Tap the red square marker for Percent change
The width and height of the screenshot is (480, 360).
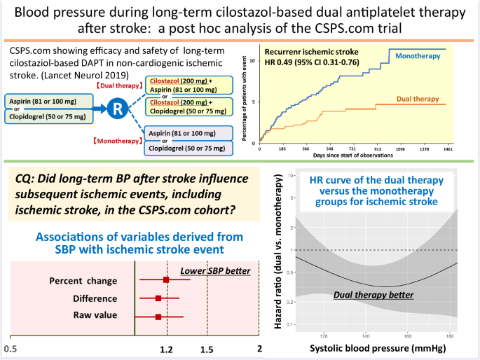[x=166, y=280]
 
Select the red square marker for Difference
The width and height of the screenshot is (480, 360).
[x=158, y=298]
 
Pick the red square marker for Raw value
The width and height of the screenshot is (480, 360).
[x=158, y=317]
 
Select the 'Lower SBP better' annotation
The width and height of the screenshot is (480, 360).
[x=215, y=271]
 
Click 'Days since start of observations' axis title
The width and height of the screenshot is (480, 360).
[x=359, y=155]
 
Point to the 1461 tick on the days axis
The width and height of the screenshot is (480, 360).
[x=445, y=148]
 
